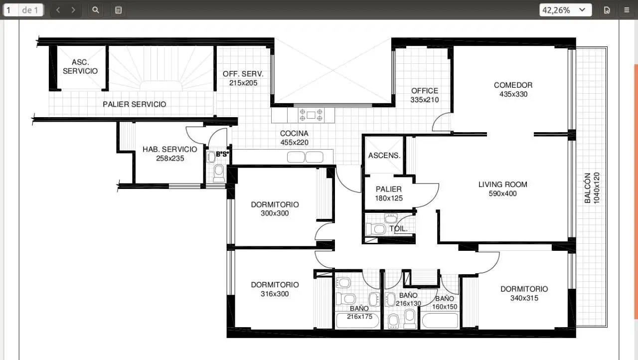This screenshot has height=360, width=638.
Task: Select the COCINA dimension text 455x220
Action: pos(294,143)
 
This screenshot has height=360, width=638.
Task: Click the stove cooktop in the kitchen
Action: pos(311,115)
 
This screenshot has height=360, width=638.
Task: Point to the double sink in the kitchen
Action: pos(305,157)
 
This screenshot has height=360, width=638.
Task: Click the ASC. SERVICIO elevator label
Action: pos(80,67)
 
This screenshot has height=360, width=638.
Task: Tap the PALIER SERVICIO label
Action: pos(135,104)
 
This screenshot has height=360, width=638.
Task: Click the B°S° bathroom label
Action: pos(222,154)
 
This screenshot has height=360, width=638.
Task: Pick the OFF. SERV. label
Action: pos(243,74)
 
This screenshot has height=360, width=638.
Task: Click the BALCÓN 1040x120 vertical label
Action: pos(592,188)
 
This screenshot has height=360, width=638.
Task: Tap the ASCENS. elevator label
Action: pos(384,156)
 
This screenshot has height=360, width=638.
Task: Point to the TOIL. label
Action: pos(398,228)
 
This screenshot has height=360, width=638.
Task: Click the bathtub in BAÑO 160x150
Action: pos(440,321)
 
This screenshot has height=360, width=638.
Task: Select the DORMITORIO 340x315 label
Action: pos(524,294)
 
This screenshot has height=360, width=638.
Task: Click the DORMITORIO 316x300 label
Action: pos(275,289)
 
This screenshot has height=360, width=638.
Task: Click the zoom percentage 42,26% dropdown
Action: pos(565,10)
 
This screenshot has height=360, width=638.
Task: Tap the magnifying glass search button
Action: pos(95,10)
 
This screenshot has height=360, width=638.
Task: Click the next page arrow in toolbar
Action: pos(73,10)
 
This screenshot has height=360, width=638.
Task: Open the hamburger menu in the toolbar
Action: pos(627,10)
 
